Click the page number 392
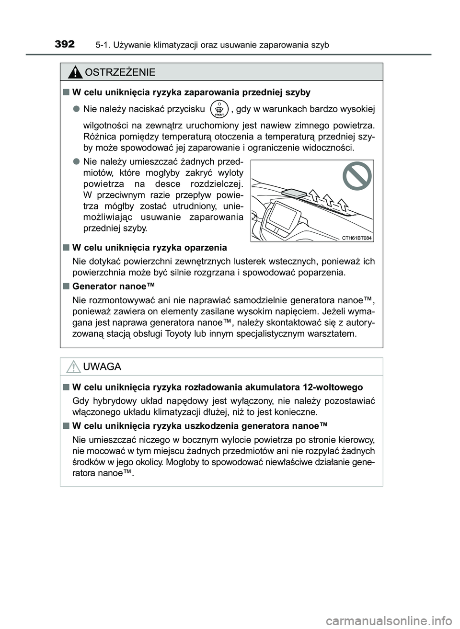coord(65,45)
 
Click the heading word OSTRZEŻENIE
coord(119,72)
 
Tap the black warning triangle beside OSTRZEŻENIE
coord(75,73)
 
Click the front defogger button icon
coord(219,109)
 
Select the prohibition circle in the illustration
coord(357,176)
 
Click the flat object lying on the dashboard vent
coord(293,193)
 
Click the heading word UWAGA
coord(102,367)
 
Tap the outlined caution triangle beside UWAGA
coord(74,367)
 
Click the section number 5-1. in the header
coord(103,45)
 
